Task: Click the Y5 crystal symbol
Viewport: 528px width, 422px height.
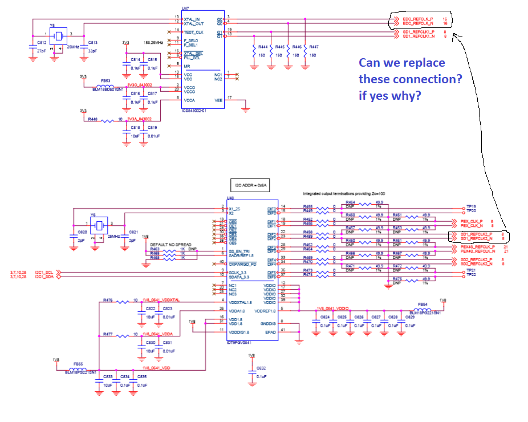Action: pos(58,35)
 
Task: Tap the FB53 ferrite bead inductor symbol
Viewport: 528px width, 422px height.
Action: pos(108,85)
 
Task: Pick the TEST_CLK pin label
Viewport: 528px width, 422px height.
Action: pos(194,32)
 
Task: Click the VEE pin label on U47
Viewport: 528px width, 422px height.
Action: pos(218,99)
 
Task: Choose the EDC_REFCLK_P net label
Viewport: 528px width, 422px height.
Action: pos(417,19)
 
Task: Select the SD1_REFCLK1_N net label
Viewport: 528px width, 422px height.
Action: pos(419,36)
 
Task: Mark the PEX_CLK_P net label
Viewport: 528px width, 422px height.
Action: pos(472,221)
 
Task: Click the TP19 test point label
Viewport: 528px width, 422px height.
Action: pos(470,207)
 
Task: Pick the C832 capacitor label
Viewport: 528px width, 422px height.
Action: pos(261,368)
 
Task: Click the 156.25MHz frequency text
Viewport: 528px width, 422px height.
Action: pos(154,42)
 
